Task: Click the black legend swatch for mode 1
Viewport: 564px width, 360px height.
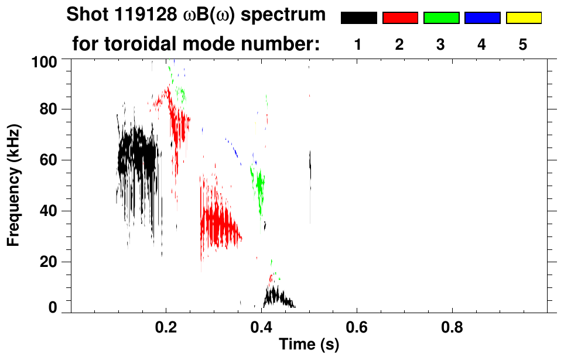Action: pyautogui.click(x=358, y=18)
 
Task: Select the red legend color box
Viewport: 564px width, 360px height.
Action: pyautogui.click(x=400, y=18)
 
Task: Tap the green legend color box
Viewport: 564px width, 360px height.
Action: pyautogui.click(x=441, y=18)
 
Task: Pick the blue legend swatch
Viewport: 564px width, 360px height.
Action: pyautogui.click(x=482, y=18)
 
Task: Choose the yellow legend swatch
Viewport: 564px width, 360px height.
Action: pyautogui.click(x=524, y=18)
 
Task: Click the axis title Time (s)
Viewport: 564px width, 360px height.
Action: pyautogui.click(x=309, y=345)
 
